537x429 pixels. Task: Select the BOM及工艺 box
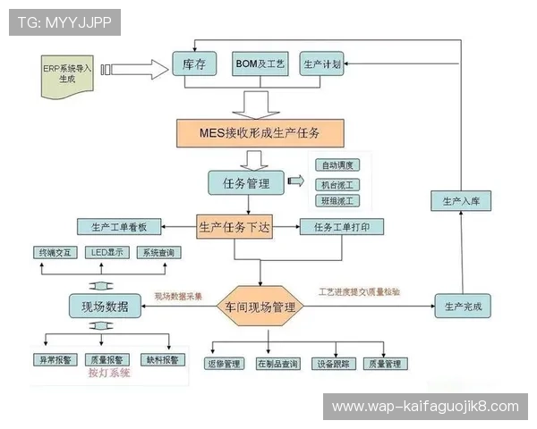[260, 64]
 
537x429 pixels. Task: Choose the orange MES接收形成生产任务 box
[259, 132]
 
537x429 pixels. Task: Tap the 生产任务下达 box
[234, 227]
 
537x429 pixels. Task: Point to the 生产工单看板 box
[118, 227]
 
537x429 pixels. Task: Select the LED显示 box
[106, 253]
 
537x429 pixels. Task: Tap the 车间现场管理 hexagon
[260, 307]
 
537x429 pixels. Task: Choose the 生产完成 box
[464, 307]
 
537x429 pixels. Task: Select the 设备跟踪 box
[334, 364]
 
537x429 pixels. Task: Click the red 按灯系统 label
[108, 374]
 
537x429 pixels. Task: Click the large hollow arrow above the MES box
[258, 103]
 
